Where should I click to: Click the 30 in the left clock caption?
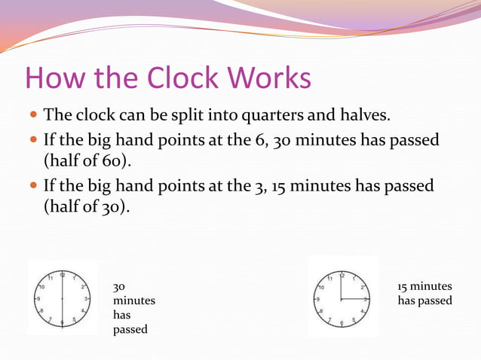119,287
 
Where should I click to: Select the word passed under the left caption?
130,330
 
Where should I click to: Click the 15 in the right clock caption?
403,286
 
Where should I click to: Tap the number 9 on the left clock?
38,298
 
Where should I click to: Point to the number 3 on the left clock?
87,298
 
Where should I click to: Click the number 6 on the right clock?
342,323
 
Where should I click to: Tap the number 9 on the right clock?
317,299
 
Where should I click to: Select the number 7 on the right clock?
329,319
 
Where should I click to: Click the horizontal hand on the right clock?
354,299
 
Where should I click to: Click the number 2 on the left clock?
83,286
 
